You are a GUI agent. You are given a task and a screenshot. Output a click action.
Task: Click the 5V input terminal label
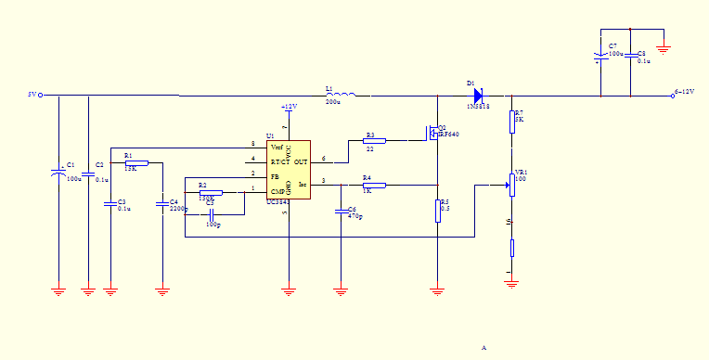31,95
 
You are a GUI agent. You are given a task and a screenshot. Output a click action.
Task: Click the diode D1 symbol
477,94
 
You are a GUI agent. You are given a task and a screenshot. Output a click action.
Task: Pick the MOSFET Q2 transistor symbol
433,134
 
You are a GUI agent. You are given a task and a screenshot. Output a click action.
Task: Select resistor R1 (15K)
135,162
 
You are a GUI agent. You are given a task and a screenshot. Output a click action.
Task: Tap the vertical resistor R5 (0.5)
437,212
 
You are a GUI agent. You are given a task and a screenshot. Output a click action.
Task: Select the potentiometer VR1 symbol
511,185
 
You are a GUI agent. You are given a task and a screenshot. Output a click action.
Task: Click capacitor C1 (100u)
58,174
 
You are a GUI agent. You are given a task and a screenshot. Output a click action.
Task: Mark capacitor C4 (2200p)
162,201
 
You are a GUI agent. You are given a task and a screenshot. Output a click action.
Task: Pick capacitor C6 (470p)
342,211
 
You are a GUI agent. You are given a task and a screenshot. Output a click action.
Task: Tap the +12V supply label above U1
289,108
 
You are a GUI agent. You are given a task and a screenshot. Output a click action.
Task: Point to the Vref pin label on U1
277,147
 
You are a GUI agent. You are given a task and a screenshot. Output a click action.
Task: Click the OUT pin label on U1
301,161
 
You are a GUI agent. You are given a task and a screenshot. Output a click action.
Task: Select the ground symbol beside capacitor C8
664,47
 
